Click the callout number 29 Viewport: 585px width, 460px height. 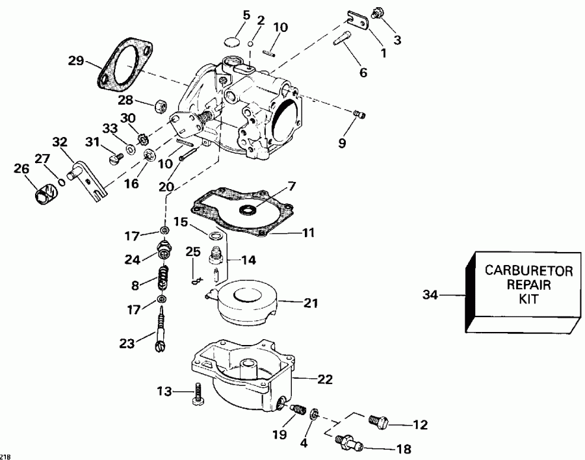coord(76,61)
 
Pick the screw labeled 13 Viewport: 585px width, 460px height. coord(199,395)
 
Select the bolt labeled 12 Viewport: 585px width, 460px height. coord(377,421)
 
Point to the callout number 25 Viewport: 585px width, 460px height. coord(193,251)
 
